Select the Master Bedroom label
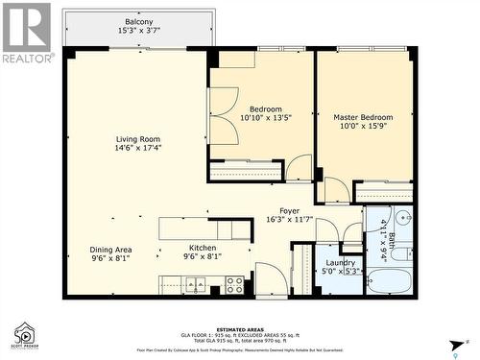365,118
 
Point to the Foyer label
289,210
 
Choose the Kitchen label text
202,248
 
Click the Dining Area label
110,249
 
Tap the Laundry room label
340,261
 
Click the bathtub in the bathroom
388,282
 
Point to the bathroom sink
402,219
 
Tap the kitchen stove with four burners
233,284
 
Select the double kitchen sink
196,284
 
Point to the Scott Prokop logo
24,336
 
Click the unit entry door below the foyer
272,283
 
